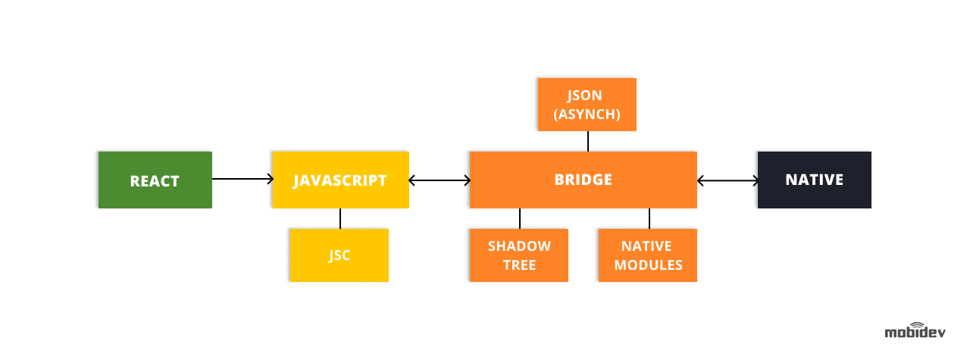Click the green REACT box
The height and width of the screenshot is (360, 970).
click(155, 180)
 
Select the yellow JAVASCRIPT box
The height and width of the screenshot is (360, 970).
click(340, 180)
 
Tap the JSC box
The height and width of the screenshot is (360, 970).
click(339, 255)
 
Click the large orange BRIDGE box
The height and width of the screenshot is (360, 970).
click(583, 180)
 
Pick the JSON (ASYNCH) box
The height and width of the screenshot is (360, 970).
click(587, 105)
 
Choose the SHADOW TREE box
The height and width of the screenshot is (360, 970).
click(519, 255)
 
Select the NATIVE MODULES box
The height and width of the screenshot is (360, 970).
click(648, 255)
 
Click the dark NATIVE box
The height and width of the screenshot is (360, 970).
click(814, 180)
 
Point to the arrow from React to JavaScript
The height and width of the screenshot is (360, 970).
click(242, 179)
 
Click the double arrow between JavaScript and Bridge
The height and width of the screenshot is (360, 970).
click(440, 180)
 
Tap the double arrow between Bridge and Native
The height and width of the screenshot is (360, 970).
click(727, 180)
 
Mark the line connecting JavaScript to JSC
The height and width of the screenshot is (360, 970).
click(340, 218)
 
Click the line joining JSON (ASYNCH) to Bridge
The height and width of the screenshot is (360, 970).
click(588, 141)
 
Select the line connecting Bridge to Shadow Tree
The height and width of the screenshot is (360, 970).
click(520, 218)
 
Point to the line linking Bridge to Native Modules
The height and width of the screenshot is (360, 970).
click(649, 218)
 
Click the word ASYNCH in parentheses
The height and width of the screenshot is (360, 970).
click(587, 114)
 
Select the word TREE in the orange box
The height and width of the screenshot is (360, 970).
click(519, 265)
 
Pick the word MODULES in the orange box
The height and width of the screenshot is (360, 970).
click(648, 265)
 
